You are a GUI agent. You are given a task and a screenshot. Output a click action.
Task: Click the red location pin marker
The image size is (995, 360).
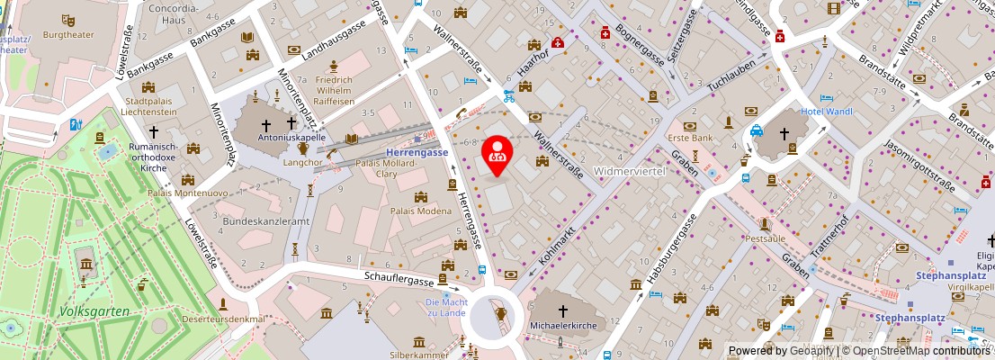497,154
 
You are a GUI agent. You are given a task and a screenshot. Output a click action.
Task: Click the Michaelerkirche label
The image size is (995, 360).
564,325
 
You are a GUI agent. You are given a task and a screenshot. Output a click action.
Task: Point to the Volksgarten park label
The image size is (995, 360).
94,311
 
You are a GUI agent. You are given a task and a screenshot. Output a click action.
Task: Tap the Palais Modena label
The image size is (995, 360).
420,210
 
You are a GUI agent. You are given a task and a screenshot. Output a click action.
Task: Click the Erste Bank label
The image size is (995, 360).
690,138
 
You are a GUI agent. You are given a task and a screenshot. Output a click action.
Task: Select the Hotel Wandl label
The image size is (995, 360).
827,111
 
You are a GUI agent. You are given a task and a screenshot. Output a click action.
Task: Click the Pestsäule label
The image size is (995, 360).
766,238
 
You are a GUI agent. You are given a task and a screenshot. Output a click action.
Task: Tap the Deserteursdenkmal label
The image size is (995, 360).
225,319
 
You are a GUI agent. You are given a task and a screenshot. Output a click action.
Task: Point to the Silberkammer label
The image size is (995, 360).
419,355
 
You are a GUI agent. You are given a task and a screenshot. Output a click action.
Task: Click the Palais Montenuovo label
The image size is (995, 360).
188,193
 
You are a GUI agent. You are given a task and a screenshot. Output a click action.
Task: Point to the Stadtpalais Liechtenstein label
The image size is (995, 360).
155,106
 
